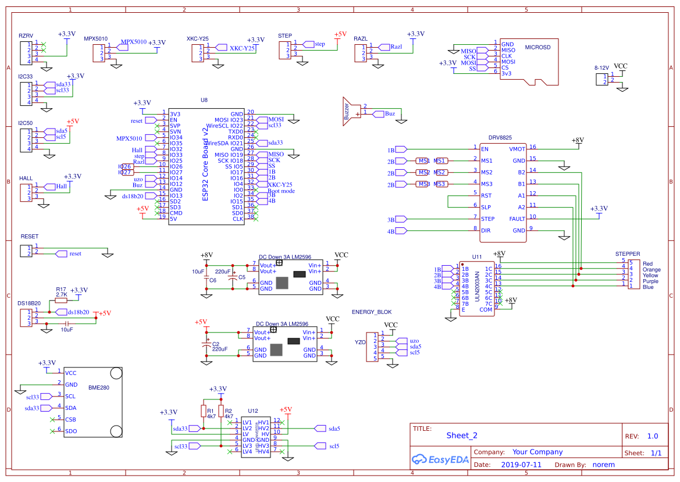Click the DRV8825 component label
click(500, 138)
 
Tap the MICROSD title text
click(537, 48)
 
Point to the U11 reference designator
click(477, 256)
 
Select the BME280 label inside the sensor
click(98, 387)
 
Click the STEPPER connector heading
click(628, 254)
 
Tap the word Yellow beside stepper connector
click(650, 276)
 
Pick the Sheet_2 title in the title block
click(462, 435)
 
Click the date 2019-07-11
click(521, 465)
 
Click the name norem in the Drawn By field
click(603, 465)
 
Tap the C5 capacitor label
click(241, 277)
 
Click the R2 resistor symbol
click(221, 412)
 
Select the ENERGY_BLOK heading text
click(372, 312)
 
